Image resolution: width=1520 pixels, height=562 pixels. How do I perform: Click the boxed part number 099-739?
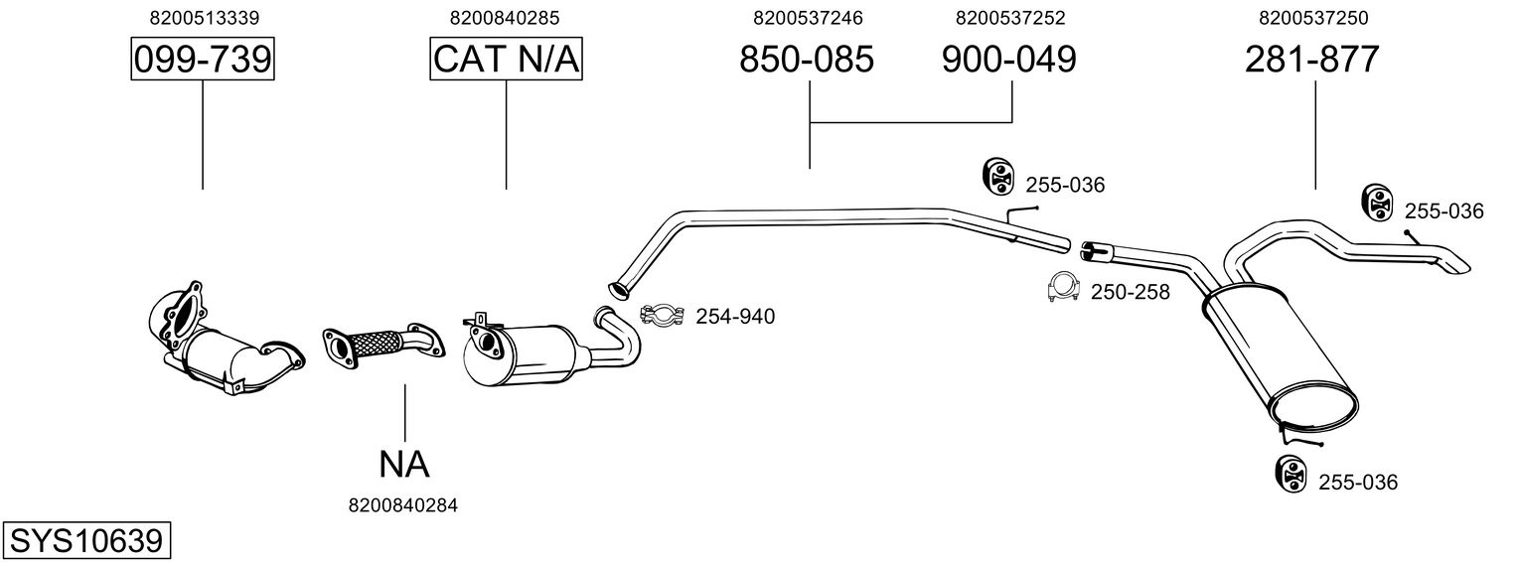(x=203, y=61)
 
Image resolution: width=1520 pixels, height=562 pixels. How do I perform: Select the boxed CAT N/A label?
(x=506, y=61)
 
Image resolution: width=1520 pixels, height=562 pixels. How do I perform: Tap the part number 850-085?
(x=807, y=61)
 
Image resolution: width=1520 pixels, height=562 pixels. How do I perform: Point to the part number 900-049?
(x=1008, y=61)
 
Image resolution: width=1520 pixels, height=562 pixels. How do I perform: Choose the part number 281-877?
(x=1312, y=61)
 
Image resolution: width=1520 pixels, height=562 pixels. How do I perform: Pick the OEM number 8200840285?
(x=505, y=18)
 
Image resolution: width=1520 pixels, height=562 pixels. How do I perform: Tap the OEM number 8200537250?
(x=1312, y=18)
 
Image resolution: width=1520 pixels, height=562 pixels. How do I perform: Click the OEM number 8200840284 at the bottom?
(x=403, y=505)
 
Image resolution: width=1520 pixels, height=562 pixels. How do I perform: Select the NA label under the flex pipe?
(x=403, y=463)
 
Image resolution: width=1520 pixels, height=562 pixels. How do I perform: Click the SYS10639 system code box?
(x=85, y=541)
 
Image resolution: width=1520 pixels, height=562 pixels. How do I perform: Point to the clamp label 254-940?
(x=735, y=317)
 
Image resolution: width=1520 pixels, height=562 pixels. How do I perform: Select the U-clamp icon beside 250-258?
(x=1063, y=288)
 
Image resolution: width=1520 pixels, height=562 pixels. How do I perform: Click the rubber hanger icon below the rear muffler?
(x=1289, y=474)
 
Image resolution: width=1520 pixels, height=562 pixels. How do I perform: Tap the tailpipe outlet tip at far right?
(x=1456, y=266)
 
